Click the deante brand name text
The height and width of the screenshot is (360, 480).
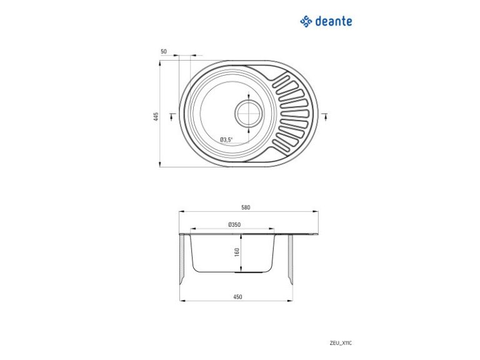[333, 21]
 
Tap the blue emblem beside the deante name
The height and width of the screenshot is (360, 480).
[306, 21]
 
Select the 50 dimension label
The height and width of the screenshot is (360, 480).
[164, 51]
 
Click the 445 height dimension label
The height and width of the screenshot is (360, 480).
[156, 117]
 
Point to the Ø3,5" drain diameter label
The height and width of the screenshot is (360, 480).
[226, 139]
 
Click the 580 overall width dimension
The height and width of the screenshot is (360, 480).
[246, 207]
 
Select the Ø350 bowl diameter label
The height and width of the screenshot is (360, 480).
[234, 224]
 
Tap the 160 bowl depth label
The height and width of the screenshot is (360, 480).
[237, 252]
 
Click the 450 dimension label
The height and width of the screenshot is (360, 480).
[237, 297]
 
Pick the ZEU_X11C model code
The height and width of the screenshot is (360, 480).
[341, 343]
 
